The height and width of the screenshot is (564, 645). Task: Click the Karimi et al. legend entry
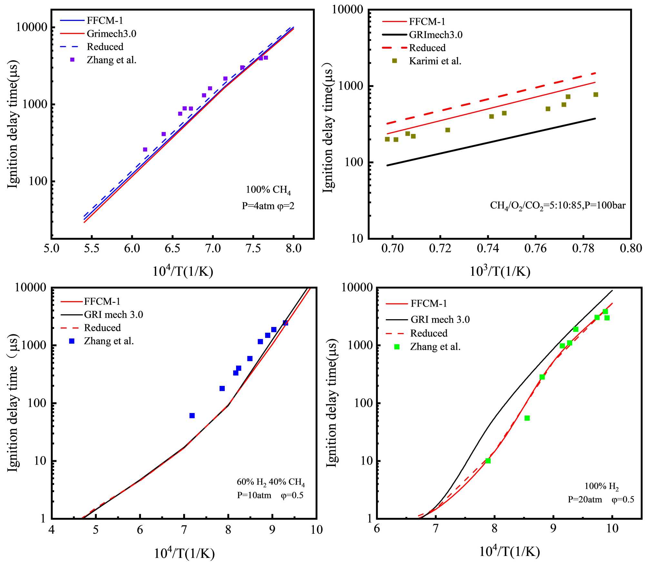pyautogui.click(x=435, y=61)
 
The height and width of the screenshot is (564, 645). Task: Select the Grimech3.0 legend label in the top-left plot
pyautogui.click(x=111, y=34)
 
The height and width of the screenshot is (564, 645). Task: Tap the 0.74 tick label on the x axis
pyautogui.click(x=488, y=248)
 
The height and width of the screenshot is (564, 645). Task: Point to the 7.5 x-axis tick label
pyautogui.click(x=253, y=248)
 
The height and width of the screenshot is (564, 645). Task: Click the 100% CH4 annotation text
pyautogui.click(x=268, y=190)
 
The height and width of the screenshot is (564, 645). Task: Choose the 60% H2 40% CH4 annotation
pyautogui.click(x=271, y=482)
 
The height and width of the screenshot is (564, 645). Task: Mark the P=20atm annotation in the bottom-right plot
pyautogui.click(x=585, y=500)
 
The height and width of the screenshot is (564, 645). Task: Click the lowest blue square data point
pyautogui.click(x=192, y=416)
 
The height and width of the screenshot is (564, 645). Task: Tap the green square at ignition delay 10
pyautogui.click(x=488, y=461)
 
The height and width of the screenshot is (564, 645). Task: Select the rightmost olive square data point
pyautogui.click(x=596, y=94)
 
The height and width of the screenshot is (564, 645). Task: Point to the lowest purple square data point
pyautogui.click(x=145, y=149)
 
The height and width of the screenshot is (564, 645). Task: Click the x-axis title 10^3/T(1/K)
pyautogui.click(x=500, y=271)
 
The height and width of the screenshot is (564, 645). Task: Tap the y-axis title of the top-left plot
pyautogui.click(x=13, y=124)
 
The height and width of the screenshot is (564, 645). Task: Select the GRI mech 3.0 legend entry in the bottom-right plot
pyautogui.click(x=440, y=320)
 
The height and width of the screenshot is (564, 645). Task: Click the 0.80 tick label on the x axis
pyautogui.click(x=631, y=248)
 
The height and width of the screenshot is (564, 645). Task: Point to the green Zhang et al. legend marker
pyautogui.click(x=397, y=347)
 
